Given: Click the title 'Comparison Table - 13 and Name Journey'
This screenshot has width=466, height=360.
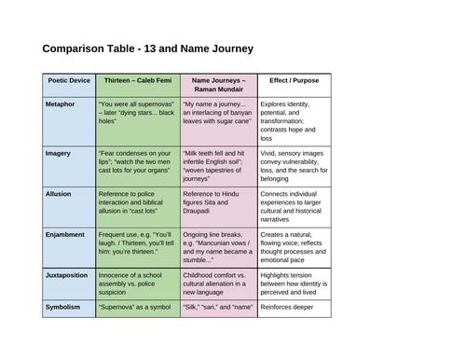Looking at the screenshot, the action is pyautogui.click(x=148, y=48).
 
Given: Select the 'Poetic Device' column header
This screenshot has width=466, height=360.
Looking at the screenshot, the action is pyautogui.click(x=69, y=80).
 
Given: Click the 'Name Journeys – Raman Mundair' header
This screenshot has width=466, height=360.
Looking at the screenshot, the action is pyautogui.click(x=219, y=85).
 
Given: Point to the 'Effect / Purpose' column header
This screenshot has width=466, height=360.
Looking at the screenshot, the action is pyautogui.click(x=295, y=80).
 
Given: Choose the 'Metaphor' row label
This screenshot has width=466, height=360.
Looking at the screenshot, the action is pyautogui.click(x=60, y=104).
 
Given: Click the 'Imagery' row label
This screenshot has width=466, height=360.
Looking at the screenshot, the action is pyautogui.click(x=58, y=153).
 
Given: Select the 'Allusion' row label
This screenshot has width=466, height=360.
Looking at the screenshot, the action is pyautogui.click(x=59, y=194).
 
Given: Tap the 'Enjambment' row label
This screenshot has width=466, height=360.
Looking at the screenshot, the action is pyautogui.click(x=65, y=235).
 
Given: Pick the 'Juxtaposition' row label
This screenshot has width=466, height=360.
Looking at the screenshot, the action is pyautogui.click(x=66, y=275).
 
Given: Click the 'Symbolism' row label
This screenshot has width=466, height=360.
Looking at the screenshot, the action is pyautogui.click(x=62, y=307).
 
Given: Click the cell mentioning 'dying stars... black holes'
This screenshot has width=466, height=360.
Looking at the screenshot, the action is pyautogui.click(x=138, y=121).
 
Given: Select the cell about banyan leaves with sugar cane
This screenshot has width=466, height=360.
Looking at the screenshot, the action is pyautogui.click(x=219, y=121).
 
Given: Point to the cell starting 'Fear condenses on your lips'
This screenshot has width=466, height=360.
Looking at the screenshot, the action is pyautogui.click(x=138, y=166).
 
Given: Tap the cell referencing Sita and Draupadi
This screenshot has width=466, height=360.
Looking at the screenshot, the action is pyautogui.click(x=219, y=207).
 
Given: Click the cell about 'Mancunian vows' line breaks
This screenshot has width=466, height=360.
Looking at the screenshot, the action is pyautogui.click(x=219, y=248).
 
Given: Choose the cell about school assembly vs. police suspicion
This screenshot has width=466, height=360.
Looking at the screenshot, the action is pyautogui.click(x=138, y=284).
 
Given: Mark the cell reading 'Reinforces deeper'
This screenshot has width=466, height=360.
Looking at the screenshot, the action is pyautogui.click(x=295, y=309).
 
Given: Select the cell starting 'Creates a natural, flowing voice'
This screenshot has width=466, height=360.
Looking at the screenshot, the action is pyautogui.click(x=295, y=248).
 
